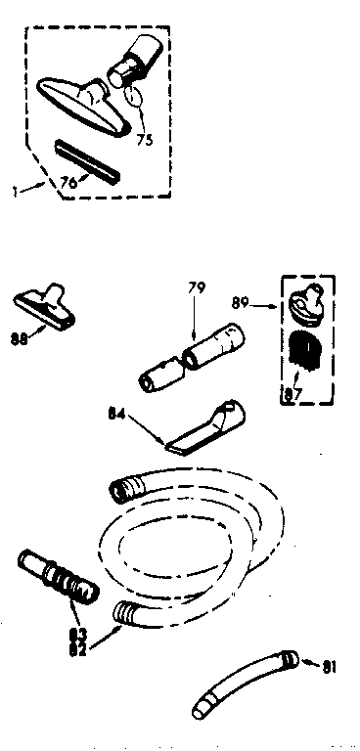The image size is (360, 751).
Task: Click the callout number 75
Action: coord(144,139)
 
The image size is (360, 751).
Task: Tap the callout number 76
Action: coord(68,183)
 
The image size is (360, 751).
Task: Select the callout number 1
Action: coord(15,191)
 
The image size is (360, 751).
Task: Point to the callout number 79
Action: coord(197,287)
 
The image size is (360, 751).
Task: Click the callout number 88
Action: coord(19,339)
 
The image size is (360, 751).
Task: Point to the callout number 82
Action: coord(77,650)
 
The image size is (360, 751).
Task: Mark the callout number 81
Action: coord(329,667)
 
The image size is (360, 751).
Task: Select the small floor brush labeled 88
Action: coord(44,307)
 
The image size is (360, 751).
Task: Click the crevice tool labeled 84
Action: coord(205,427)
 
